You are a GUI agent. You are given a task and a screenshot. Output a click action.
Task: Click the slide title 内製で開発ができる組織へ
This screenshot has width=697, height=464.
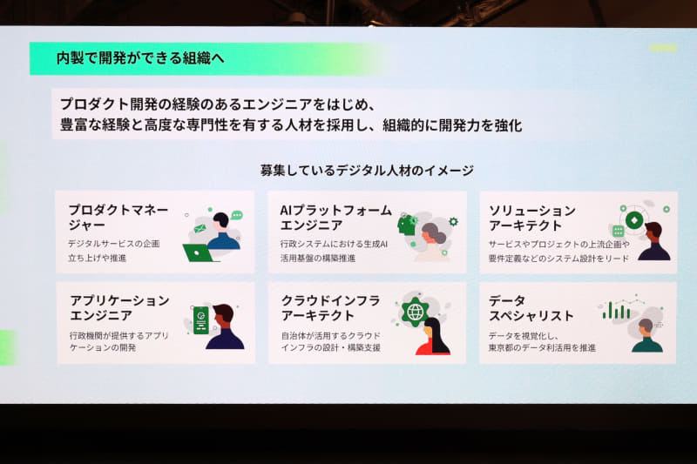[140, 58]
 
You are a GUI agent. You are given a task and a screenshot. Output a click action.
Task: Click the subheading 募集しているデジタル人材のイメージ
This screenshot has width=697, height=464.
[367, 170]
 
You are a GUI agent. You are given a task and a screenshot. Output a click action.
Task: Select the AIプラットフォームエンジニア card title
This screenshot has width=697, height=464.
[335, 219]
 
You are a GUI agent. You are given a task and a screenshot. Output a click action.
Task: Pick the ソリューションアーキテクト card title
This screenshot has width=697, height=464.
[532, 219]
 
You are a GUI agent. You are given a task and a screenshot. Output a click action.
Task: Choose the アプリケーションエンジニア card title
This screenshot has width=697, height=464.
[119, 308]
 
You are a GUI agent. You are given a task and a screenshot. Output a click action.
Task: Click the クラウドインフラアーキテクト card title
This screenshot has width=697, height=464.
[331, 308]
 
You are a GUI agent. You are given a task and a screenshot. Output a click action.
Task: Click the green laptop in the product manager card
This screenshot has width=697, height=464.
[199, 253]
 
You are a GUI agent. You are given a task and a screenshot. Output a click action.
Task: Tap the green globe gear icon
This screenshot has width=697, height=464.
[416, 311]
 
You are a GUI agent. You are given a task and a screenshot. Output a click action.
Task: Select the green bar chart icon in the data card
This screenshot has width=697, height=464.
[617, 310]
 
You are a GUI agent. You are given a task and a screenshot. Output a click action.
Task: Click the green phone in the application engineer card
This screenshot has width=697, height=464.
[201, 320]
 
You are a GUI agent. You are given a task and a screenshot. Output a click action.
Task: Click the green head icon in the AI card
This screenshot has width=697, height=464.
[407, 225]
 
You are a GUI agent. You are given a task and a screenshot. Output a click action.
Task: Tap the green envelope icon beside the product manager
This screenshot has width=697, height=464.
[200, 228]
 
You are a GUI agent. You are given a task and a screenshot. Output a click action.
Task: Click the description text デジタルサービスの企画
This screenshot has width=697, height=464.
[114, 243]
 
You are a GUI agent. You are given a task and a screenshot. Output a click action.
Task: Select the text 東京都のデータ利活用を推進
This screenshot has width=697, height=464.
[542, 347]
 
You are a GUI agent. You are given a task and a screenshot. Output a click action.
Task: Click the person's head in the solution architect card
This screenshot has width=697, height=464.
[653, 231]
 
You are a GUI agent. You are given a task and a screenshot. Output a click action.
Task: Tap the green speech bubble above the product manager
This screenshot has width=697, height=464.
[237, 214]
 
